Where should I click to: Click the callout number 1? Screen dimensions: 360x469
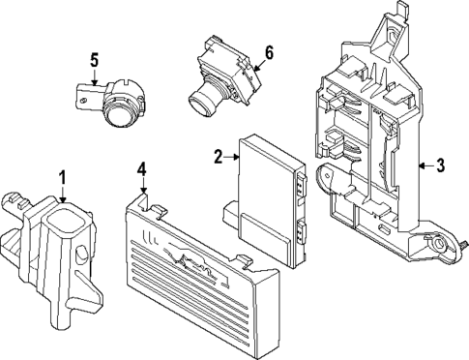coord(62,177)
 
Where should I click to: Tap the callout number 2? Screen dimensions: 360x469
coord(219,155)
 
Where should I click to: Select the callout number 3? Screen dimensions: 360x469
coord(439,165)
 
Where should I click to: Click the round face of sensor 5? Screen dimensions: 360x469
coord(121,115)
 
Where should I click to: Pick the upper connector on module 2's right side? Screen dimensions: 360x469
coord(304,181)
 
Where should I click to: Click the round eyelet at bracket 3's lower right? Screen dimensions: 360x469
coord(440,246)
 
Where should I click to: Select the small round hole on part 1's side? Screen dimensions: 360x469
coord(82,255)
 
